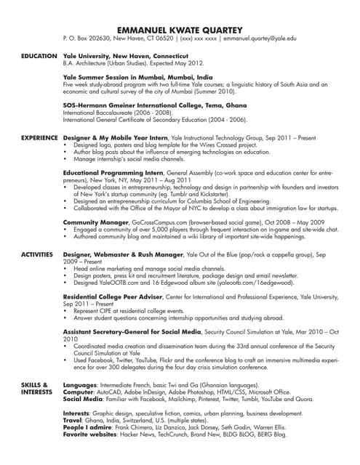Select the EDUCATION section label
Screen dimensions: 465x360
[39, 55]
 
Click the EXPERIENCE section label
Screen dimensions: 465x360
[39, 137]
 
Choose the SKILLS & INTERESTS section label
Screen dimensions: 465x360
[35, 387]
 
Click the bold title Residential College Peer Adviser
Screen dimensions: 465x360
[119, 297]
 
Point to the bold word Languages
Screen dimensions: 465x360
[80, 384]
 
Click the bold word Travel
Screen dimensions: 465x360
[73, 421]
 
